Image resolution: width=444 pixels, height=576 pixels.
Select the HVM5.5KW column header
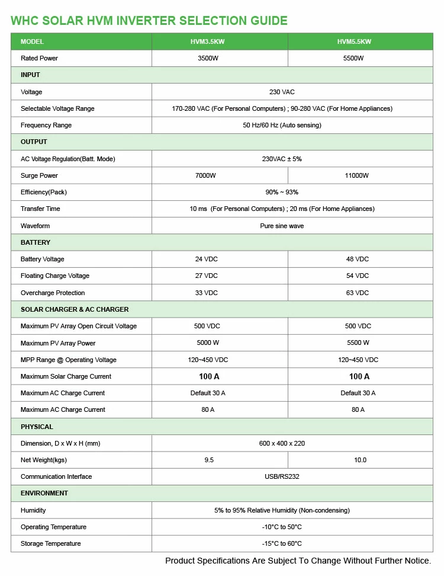point(354,41)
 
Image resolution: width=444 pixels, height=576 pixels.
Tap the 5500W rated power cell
point(353,58)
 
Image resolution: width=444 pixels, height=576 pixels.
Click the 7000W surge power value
point(205,175)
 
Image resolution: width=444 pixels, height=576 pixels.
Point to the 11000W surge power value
point(356,175)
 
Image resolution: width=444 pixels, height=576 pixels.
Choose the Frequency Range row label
point(46,125)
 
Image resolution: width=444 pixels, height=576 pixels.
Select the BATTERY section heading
point(36,242)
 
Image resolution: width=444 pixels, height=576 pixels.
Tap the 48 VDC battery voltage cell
point(358,259)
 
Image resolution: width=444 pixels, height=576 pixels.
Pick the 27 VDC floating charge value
point(206,276)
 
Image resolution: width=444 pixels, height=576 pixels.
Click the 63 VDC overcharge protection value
point(358,293)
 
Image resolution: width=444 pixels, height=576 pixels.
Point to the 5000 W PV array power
point(208,343)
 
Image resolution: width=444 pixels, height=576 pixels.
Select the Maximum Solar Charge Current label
point(66,376)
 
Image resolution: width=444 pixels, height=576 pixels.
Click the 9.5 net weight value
point(209,460)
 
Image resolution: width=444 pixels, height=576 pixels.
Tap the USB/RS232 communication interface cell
point(282,476)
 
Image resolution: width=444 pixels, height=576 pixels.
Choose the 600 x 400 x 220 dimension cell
point(282,443)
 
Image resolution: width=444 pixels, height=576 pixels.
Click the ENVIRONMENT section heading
point(44,493)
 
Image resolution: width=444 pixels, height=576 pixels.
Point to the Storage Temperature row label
point(50,543)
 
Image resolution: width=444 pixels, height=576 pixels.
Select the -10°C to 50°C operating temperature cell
point(282,527)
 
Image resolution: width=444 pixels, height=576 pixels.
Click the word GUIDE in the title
point(268,21)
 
